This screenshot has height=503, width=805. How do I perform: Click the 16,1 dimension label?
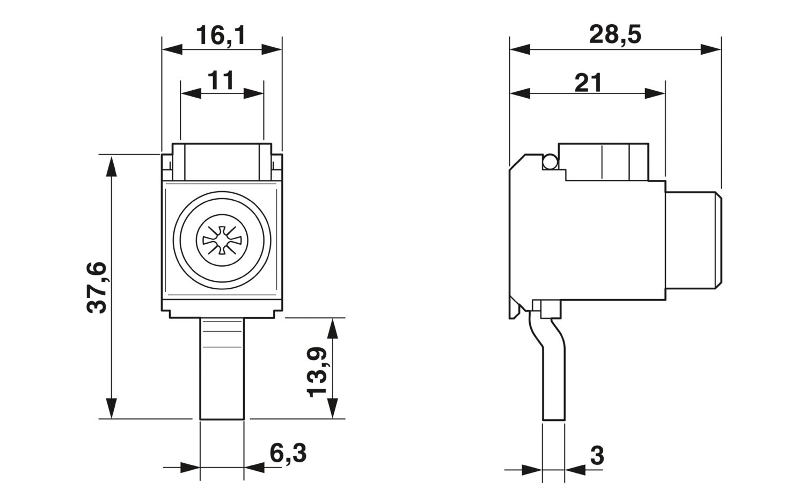pos(221,36)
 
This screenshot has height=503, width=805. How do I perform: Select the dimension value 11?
pos(221,80)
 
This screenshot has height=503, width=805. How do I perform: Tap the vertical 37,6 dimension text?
pos(98,287)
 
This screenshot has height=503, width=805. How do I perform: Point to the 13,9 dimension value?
pos(317,371)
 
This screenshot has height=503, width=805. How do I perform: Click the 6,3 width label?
pos(288,454)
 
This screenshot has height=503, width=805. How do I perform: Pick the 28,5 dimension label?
pos(615,35)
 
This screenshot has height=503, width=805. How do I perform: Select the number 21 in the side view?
pos(589,83)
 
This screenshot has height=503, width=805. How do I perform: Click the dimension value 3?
pos(597,456)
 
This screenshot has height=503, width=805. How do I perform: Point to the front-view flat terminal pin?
pos(222,370)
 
